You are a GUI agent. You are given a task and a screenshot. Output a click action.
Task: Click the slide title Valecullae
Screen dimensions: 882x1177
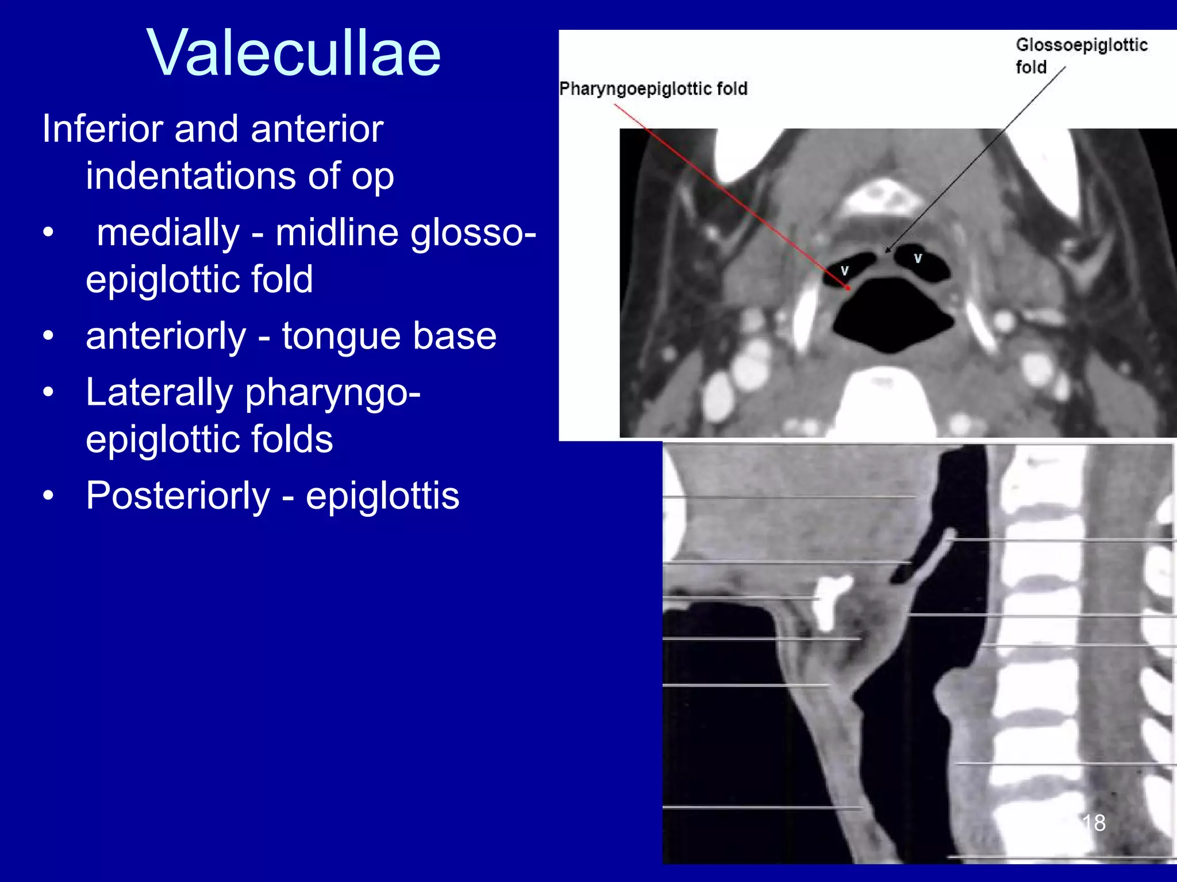point(293,53)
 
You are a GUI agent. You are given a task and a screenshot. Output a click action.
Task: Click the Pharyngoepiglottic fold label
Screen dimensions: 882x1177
point(653,89)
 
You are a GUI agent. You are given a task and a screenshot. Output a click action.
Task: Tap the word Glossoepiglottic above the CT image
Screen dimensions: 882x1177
point(1081,45)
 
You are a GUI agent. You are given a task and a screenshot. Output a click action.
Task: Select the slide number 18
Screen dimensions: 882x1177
point(1093,822)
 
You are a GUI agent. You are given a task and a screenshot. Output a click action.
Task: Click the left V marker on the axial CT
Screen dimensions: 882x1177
point(844,270)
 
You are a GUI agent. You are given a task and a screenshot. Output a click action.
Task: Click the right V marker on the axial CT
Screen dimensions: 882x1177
point(918,258)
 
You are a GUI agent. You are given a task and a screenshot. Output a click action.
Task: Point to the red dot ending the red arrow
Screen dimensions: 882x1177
point(848,288)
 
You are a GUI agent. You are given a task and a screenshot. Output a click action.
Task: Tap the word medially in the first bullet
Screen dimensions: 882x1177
point(168,233)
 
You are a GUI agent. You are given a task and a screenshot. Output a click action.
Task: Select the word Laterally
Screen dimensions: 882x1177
point(159,393)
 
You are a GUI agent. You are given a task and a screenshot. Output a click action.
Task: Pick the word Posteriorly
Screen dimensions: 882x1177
point(178,496)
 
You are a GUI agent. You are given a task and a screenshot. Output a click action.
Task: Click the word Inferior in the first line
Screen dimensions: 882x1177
point(102,129)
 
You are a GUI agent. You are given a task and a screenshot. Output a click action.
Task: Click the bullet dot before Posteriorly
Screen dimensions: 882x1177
point(48,496)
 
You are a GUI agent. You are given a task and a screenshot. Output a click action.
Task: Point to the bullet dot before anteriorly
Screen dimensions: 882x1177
point(48,336)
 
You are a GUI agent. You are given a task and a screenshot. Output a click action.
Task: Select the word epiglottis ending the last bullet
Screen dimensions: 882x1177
point(382,496)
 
